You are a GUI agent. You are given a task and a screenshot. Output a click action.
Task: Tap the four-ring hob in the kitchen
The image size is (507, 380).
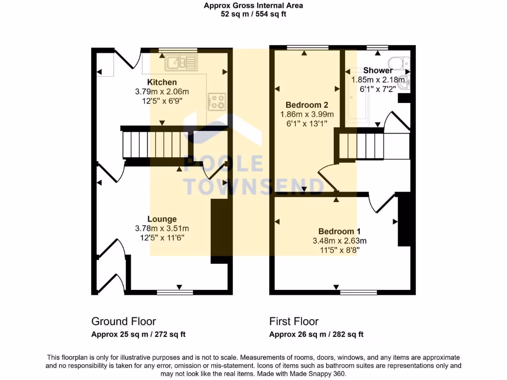click(217, 101)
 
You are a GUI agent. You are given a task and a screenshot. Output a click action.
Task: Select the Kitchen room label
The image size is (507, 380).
click(162, 82)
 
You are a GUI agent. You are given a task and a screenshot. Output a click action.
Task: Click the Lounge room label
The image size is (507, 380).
click(162, 219)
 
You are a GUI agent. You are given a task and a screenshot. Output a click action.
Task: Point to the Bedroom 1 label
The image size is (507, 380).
click(339, 232)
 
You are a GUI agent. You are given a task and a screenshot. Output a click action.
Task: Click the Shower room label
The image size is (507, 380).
click(378, 70)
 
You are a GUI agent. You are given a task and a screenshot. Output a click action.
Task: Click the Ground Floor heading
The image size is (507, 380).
click(124, 322)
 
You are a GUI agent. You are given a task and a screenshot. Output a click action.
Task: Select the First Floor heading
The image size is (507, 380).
click(294, 322)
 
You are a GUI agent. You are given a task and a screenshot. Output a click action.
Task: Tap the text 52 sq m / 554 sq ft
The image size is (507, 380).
click(253, 14)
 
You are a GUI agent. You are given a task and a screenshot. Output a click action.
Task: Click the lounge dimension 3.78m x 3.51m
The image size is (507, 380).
click(162, 229)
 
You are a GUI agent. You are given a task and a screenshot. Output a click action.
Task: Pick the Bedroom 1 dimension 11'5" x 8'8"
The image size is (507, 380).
click(339, 250)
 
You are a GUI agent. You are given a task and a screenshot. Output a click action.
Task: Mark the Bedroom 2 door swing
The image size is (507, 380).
click(327, 178)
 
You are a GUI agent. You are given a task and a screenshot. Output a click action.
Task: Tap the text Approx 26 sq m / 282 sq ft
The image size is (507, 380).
click(316, 334)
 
